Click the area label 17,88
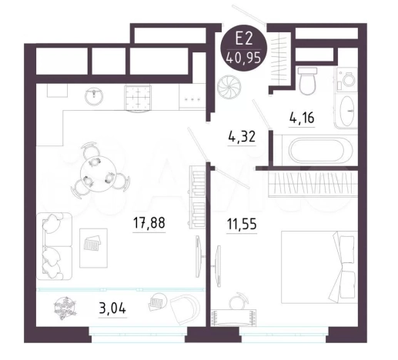click(x=149, y=222)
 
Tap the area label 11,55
click(x=242, y=224)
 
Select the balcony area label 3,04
click(x=112, y=308)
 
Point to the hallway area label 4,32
click(x=242, y=137)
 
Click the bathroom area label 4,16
click(x=302, y=118)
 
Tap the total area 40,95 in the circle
click(x=243, y=58)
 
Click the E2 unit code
click(x=244, y=40)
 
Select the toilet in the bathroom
click(x=307, y=81)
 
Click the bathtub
click(x=316, y=150)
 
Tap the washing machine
click(x=346, y=79)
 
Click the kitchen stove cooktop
click(x=138, y=98)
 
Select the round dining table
click(x=96, y=175)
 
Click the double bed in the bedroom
click(x=319, y=267)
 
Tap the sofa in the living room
click(x=54, y=246)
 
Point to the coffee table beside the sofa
click(x=93, y=248)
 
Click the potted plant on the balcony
click(x=65, y=308)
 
